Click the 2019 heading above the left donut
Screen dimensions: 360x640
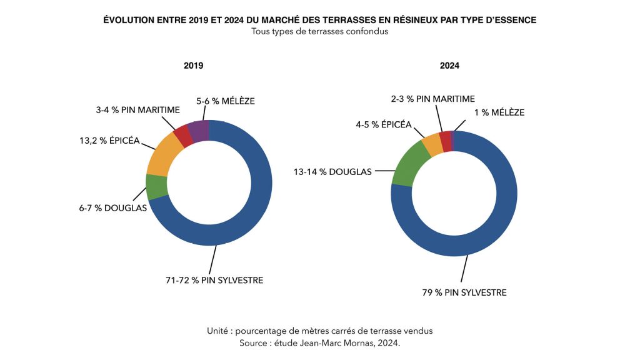tap(193, 66)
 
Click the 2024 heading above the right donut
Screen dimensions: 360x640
tap(450, 66)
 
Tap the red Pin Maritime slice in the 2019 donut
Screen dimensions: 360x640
tap(182, 136)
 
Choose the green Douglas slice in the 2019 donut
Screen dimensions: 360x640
tap(156, 186)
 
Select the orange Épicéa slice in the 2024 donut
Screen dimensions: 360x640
tap(432, 145)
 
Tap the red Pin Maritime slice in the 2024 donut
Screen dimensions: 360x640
tap(445, 141)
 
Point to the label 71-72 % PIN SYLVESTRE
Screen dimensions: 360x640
tap(210, 280)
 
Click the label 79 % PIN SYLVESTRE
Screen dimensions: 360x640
tap(464, 292)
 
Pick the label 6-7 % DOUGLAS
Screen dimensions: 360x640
tap(112, 208)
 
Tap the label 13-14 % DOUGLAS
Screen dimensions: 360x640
tap(333, 171)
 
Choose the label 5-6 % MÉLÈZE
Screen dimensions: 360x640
tap(226, 101)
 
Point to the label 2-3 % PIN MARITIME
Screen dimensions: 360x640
tap(432, 99)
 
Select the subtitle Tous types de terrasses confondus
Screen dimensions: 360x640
tap(319, 32)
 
